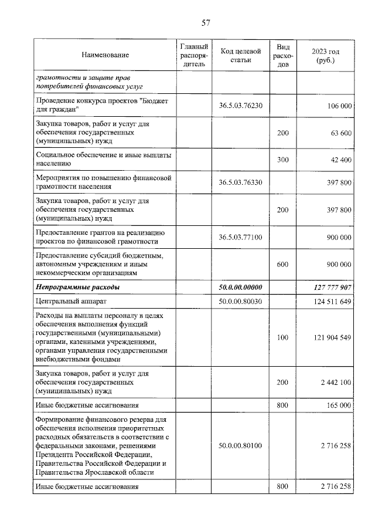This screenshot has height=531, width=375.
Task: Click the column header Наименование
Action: pos(105,55)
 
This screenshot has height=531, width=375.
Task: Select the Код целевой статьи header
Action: pos(240,55)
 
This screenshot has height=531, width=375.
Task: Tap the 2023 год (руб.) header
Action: pos(326,55)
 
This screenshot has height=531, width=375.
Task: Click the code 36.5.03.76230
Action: pos(240,106)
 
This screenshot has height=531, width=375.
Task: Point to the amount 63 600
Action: pos(340,133)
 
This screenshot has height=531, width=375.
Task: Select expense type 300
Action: pos(283,160)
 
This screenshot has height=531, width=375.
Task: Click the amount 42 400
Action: pos(340,160)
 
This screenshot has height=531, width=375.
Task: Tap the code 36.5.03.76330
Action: pos(240,182)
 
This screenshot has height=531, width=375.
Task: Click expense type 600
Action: pos(283,265)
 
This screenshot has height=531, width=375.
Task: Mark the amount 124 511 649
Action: pos(330,302)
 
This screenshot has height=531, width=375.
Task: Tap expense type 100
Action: pos(283,338)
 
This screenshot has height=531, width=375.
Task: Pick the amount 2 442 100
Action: pos(334,382)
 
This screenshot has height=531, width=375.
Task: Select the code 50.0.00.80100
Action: pos(240,446)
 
